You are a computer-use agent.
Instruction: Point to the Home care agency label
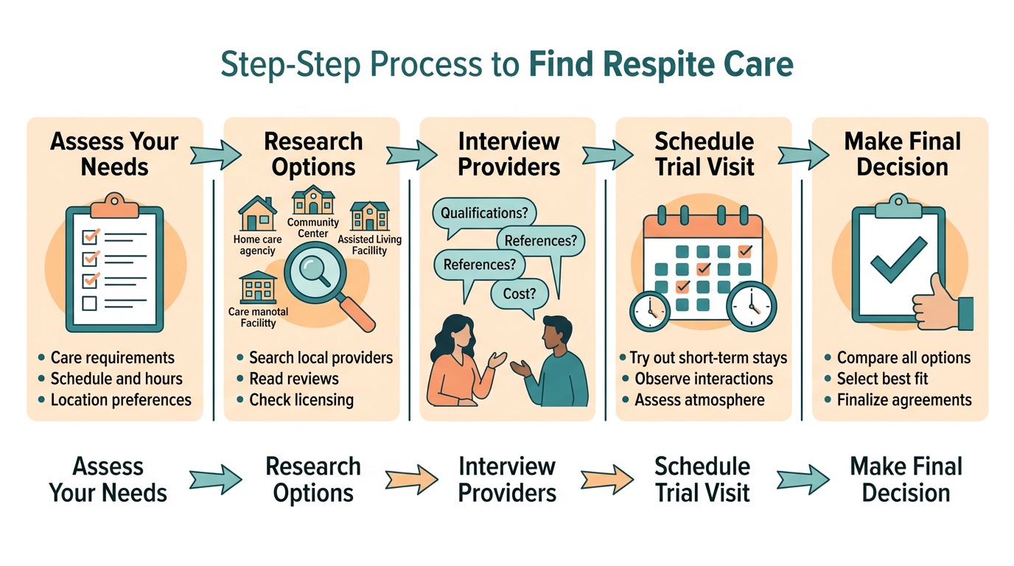(257, 245)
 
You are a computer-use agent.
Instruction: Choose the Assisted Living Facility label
(369, 245)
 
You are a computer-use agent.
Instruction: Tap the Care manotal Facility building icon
(258, 287)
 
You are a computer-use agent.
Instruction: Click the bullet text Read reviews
(293, 379)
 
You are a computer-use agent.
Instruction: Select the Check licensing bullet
(301, 400)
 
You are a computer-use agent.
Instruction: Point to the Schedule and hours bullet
(116, 379)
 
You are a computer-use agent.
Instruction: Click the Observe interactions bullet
(703, 379)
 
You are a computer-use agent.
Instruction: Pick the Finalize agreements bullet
(903, 400)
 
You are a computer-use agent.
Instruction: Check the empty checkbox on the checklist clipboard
(89, 303)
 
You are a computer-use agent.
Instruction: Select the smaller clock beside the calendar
(649, 310)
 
